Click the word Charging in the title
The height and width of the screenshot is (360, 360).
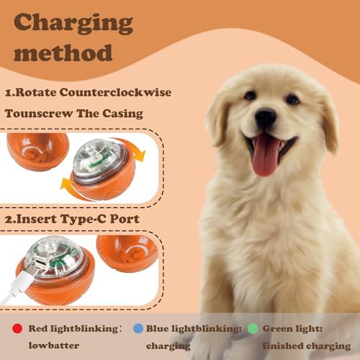point(73,24)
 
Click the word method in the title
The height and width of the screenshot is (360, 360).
point(63,53)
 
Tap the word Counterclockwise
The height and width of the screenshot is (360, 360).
point(115,92)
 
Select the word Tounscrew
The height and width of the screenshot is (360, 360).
point(39,114)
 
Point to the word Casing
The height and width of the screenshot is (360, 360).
point(122,114)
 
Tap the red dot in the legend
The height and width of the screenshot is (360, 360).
point(17,328)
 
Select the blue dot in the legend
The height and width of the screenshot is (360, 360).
point(138,328)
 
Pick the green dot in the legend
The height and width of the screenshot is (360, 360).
point(253,328)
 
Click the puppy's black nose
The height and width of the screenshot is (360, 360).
point(266,117)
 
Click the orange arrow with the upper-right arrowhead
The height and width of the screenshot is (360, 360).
point(135,150)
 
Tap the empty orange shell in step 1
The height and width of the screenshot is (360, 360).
point(37,151)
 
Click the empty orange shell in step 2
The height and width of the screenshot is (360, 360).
point(127,253)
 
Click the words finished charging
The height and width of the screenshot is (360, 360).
point(307,346)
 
